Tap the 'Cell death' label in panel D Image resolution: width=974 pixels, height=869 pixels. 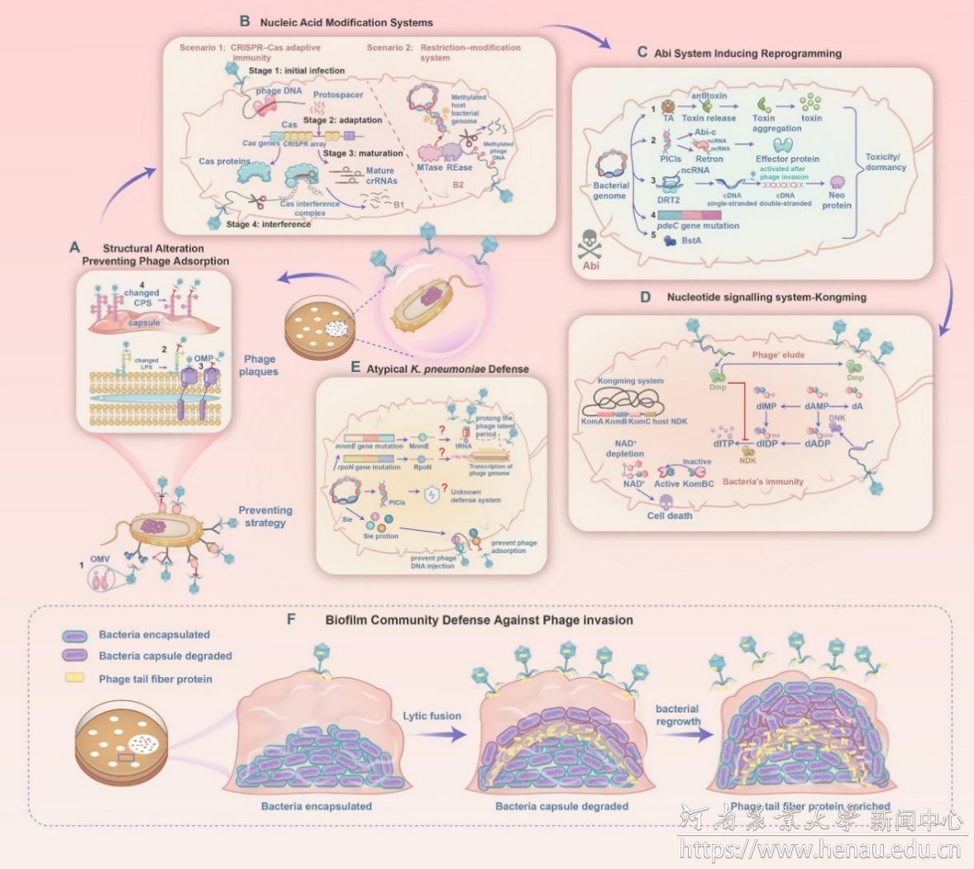pos(670,516)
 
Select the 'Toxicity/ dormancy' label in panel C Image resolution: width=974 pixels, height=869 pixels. pos(886,162)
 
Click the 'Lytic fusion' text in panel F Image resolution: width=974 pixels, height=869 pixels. pos(432,716)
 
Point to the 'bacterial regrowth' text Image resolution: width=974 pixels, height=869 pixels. pos(677,715)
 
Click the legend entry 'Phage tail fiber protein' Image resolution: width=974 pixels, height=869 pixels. pos(155,679)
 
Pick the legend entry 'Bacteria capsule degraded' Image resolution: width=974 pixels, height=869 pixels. pos(165,656)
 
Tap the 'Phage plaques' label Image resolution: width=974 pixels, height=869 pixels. pos(259,365)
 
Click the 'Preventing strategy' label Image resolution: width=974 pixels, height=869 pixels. pos(265,517)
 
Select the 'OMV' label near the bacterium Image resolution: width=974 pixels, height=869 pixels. pos(99,560)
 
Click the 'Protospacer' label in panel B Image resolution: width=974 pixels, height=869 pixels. pos(338,95)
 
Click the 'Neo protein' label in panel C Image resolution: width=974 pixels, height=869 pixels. pos(837,200)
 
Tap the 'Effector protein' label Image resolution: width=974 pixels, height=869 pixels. pos(787,159)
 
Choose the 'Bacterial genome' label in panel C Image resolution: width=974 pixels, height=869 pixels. pos(611,191)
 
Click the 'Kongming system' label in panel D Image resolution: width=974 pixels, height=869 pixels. pos(630,381)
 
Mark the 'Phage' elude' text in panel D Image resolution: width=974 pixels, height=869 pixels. pos(778,355)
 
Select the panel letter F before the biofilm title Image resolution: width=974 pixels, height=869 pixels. pos(291,618)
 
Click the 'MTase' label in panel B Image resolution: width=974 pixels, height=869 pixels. pos(429,168)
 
